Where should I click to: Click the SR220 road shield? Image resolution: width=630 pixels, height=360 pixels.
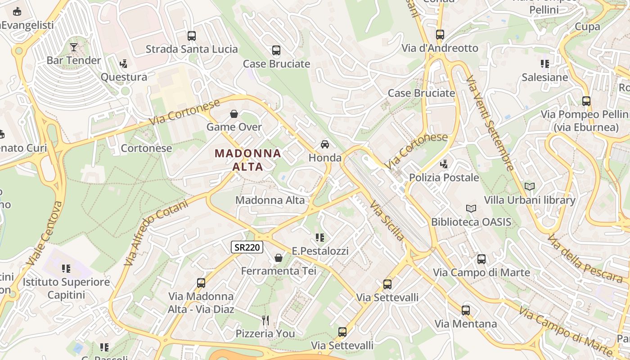(x=247, y=247)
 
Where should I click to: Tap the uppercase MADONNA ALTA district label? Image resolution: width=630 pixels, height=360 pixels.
(x=248, y=160)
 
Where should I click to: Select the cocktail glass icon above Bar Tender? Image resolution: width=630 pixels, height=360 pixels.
(x=74, y=47)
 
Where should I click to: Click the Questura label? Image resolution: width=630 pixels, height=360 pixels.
(x=124, y=77)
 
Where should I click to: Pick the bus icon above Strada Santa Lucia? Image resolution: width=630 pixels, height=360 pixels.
(x=192, y=36)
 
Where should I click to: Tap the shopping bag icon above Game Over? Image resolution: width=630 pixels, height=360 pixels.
(x=234, y=114)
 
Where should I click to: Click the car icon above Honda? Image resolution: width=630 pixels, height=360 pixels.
(x=324, y=144)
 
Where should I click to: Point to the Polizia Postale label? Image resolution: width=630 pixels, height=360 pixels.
(x=444, y=177)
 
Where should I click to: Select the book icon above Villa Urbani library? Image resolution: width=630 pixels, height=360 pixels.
(x=530, y=186)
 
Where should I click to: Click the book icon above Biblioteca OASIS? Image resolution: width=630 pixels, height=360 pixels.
(x=471, y=209)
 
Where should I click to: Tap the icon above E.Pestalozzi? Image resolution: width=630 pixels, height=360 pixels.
(x=320, y=238)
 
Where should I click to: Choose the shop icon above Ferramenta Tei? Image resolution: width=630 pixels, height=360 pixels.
(x=279, y=258)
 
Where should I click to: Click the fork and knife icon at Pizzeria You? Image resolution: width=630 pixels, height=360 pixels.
(x=265, y=320)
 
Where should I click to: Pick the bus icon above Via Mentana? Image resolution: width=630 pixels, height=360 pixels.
(x=466, y=310)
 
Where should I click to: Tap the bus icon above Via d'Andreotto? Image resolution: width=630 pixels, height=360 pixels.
(x=440, y=35)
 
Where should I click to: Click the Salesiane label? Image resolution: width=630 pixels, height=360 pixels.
(x=544, y=77)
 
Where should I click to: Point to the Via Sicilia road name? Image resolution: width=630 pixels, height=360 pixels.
(x=387, y=220)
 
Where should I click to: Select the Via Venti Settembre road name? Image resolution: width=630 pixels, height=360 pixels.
(x=490, y=123)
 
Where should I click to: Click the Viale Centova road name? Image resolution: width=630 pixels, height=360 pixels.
(x=45, y=233)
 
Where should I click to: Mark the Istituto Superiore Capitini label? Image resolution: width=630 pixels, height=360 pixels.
(x=66, y=288)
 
